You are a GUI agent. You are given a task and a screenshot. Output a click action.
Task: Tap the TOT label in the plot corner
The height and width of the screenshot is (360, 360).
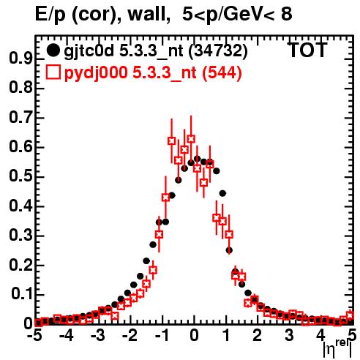[x=307, y=50]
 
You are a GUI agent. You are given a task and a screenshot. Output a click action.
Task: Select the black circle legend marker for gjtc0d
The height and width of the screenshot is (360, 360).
[x=53, y=50]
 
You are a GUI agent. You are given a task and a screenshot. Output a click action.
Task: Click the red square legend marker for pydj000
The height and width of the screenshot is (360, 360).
[x=53, y=72]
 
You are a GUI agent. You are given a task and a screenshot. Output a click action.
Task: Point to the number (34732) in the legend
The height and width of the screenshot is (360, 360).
[x=218, y=51]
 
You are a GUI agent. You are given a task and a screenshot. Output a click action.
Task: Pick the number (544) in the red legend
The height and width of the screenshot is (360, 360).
[x=222, y=72]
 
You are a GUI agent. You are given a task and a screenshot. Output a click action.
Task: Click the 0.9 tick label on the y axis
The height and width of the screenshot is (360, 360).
[x=20, y=59]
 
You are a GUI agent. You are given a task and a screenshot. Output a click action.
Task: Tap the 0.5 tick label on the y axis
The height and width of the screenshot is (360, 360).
[x=20, y=176]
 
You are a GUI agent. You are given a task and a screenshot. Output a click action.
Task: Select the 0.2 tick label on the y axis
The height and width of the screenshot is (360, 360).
[x=20, y=265]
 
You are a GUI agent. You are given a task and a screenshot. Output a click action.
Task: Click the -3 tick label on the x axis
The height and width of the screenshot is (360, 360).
[x=97, y=335]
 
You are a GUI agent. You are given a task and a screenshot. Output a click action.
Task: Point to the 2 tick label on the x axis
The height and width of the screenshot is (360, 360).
[x=258, y=335]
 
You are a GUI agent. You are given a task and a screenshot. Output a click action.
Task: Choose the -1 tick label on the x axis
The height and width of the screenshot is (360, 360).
[x=162, y=335]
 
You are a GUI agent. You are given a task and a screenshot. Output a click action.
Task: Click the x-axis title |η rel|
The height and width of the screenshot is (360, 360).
[x=337, y=348]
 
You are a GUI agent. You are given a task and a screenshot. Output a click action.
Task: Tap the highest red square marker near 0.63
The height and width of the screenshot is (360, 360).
[x=191, y=139]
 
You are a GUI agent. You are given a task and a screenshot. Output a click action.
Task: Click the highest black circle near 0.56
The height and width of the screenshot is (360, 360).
[x=198, y=159]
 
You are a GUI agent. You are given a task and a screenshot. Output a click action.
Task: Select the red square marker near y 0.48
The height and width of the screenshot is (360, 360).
[x=203, y=182]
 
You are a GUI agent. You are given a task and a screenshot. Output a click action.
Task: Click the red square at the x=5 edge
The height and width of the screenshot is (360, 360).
[x=350, y=315]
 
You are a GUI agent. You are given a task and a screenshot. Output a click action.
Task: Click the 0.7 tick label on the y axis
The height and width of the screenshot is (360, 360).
[x=20, y=118]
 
